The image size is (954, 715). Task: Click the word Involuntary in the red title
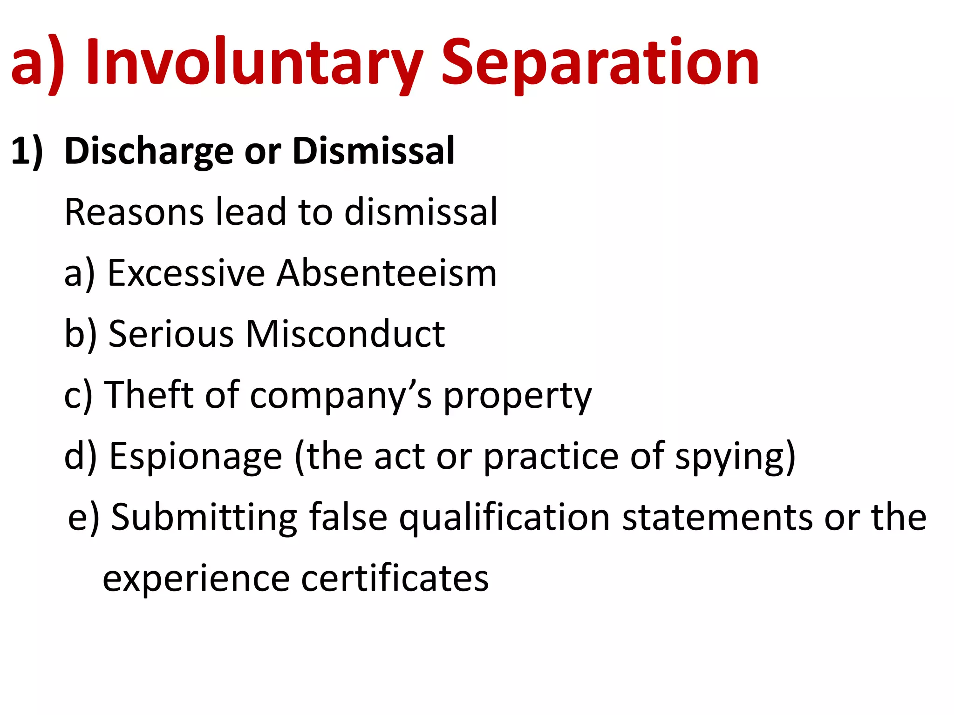[x=254, y=63]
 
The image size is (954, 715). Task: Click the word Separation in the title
[x=600, y=63]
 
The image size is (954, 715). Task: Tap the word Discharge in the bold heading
[x=149, y=151]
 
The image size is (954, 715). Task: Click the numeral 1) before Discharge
[x=27, y=151]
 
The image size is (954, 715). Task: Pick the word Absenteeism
[x=387, y=273]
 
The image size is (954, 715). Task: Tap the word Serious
[x=170, y=334]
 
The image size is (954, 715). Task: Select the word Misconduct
[x=345, y=334]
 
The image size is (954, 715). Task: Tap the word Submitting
[x=204, y=518]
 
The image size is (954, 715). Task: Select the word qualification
[x=504, y=518]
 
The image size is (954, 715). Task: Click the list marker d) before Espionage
[x=80, y=456]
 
